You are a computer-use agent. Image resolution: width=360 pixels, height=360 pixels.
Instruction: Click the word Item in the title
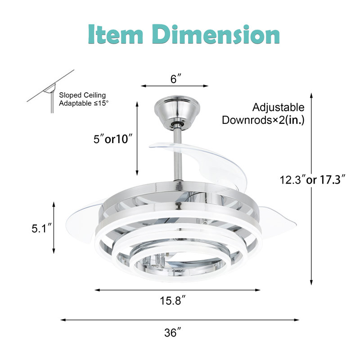point(116,35)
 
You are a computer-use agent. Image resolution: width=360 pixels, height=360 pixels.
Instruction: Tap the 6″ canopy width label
point(176,79)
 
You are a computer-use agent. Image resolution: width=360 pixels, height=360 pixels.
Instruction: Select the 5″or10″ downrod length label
point(113,139)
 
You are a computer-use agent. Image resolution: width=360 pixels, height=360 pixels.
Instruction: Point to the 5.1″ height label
point(42,229)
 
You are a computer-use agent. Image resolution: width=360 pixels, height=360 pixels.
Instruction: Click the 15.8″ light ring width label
point(173,301)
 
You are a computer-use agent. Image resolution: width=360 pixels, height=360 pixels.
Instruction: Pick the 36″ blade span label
point(173,332)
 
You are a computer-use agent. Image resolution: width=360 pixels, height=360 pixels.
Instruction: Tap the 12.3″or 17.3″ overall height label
point(312,180)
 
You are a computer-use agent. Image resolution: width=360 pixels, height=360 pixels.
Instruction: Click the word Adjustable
point(278,107)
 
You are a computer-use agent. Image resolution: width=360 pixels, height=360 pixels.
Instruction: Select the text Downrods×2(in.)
point(263,120)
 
